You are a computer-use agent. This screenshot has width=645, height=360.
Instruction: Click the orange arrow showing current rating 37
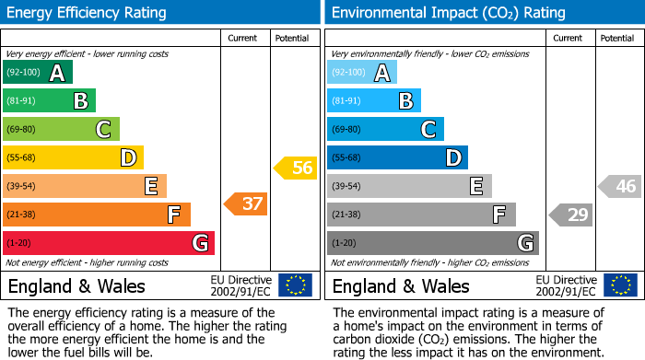(x=246, y=203)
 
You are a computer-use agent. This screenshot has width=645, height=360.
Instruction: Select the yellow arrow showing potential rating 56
(x=295, y=168)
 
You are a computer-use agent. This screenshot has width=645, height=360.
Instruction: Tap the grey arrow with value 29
(x=571, y=215)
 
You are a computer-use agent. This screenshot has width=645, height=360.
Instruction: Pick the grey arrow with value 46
(x=620, y=187)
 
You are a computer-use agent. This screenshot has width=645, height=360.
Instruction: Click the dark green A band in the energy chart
(x=38, y=73)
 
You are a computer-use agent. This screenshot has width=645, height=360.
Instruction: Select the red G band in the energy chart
(x=109, y=243)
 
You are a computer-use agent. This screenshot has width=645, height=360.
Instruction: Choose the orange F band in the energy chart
(x=97, y=215)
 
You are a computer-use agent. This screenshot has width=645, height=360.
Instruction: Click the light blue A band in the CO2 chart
(x=362, y=73)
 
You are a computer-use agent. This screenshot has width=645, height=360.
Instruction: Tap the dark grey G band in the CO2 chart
(x=433, y=243)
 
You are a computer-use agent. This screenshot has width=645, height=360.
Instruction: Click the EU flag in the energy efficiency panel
(x=295, y=285)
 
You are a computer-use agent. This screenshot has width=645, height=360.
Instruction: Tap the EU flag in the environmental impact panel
(x=619, y=285)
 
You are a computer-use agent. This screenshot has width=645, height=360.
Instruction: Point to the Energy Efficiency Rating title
(x=88, y=13)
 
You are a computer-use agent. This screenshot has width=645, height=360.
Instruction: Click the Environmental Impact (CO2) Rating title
(x=449, y=13)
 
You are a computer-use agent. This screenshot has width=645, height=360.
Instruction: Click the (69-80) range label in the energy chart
(x=21, y=130)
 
